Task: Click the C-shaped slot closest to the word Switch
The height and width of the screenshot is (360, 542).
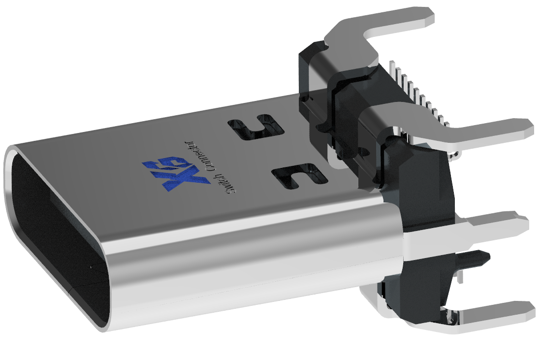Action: point(298,175)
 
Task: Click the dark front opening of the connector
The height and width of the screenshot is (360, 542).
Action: point(54,236)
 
